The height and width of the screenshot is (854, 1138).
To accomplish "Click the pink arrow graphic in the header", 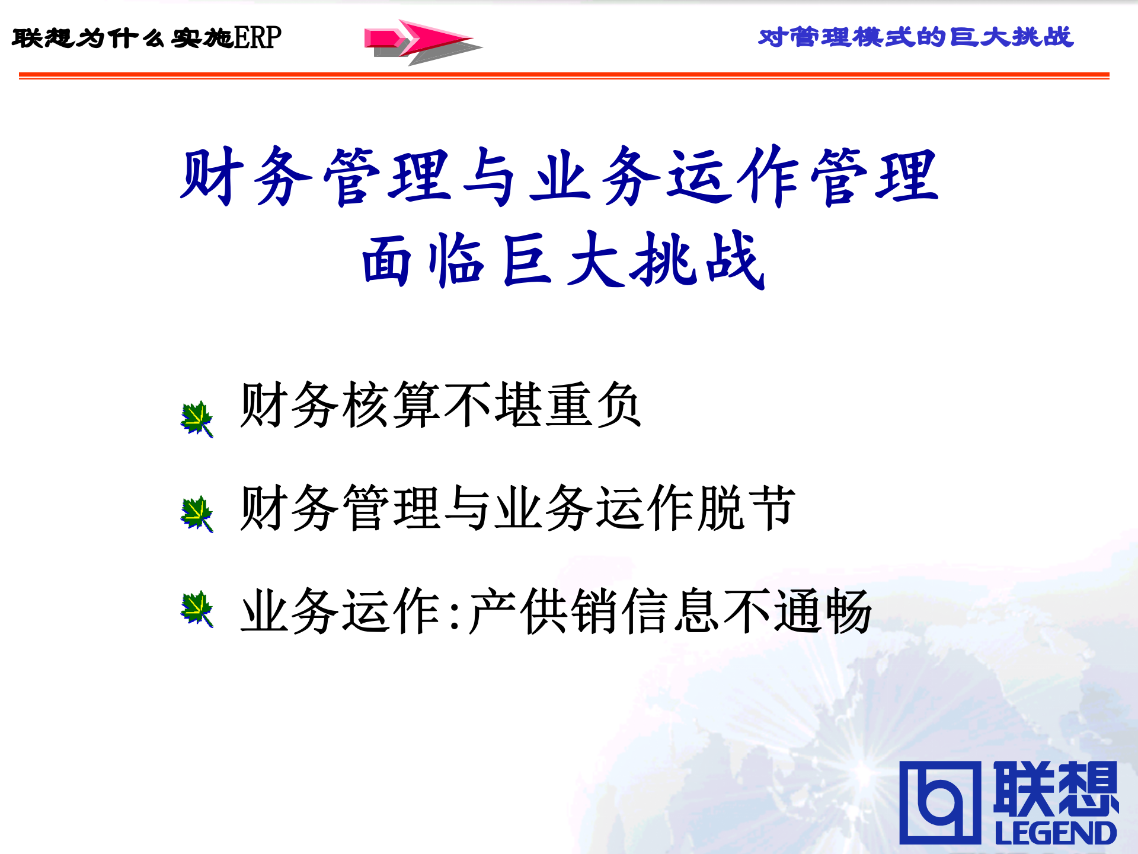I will point(422,40).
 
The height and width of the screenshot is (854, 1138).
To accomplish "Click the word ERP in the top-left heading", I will point(258,38).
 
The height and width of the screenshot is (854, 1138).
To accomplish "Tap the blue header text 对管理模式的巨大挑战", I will point(916,37).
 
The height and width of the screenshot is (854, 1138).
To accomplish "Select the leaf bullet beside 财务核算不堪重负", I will point(197,419).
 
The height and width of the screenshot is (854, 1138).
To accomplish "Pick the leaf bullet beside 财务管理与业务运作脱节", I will point(197,514).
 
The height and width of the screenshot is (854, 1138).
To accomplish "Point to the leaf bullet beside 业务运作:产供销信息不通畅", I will point(197,608).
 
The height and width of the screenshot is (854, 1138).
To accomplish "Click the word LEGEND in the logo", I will point(1056,833).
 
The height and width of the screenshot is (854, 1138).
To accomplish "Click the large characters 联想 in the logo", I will point(1056,788).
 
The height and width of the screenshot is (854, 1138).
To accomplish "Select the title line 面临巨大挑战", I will point(563,260).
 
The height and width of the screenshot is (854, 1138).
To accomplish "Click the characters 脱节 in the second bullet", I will point(747,508).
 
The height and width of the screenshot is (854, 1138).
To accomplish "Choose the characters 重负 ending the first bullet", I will point(593,405).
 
